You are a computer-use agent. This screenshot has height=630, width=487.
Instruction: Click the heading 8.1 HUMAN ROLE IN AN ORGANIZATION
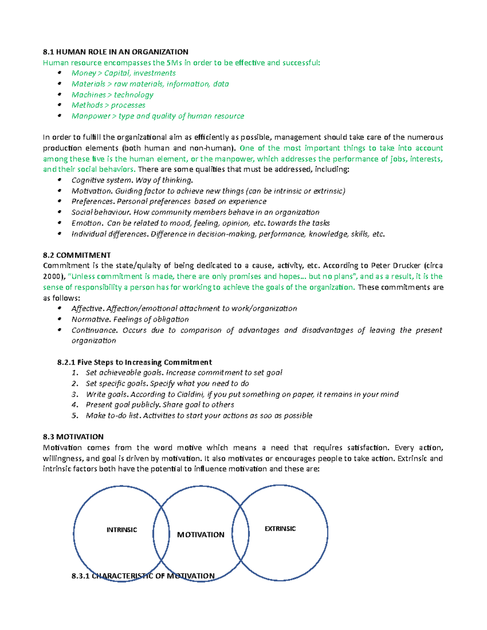[115, 52]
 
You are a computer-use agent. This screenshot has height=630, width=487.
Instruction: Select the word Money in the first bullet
[84, 73]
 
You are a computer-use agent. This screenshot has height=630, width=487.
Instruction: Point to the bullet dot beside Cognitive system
[60, 180]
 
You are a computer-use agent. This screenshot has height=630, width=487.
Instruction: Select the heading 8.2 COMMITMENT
[77, 255]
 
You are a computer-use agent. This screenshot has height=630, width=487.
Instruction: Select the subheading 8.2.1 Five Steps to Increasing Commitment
[135, 362]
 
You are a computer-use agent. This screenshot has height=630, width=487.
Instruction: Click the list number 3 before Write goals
[74, 394]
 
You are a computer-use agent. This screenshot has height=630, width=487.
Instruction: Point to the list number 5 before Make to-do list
[74, 415]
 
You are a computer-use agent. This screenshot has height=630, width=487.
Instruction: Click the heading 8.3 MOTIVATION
[73, 437]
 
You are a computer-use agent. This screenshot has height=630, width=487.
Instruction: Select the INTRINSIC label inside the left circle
[121, 530]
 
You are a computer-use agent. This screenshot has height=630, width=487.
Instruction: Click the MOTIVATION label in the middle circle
[200, 535]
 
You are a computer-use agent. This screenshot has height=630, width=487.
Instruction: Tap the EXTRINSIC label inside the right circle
[280, 529]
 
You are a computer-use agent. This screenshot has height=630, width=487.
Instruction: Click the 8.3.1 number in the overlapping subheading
[80, 576]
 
